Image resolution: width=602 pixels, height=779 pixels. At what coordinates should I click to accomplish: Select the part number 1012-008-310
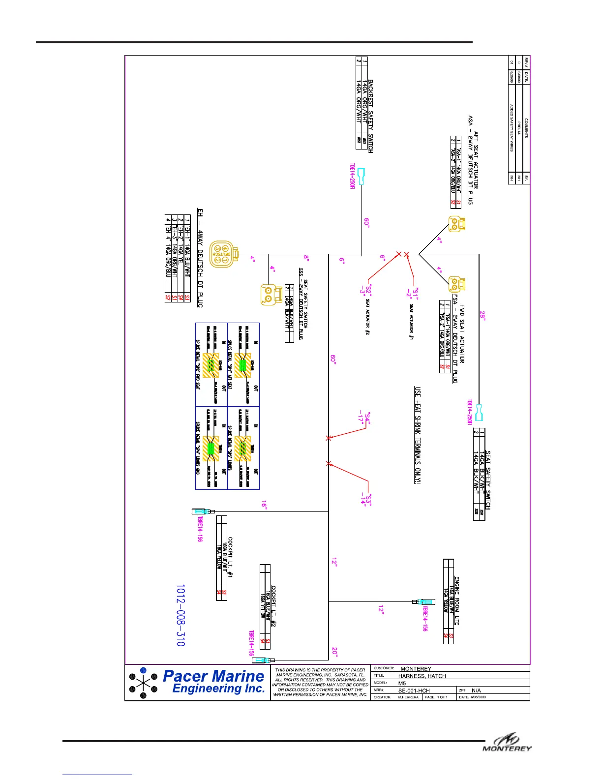[181, 615]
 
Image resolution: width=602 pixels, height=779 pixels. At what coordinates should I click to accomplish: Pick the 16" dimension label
[264, 505]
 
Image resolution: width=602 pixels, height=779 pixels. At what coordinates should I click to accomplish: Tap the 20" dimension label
[335, 652]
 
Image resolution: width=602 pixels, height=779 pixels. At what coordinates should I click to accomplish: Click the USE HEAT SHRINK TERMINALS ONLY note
[418, 435]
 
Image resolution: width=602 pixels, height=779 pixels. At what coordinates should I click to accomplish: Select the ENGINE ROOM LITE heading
[457, 600]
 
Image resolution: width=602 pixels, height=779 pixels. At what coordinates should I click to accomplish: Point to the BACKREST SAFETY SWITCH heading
[370, 116]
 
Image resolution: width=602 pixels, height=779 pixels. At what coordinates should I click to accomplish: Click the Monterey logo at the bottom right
[507, 744]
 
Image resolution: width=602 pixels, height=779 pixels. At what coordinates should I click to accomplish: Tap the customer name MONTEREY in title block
[416, 669]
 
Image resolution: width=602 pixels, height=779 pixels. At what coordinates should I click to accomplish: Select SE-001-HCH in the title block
[414, 690]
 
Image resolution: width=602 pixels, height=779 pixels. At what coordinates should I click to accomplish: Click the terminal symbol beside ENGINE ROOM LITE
[424, 601]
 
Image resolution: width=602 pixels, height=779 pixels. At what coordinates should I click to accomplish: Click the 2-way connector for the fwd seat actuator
[456, 284]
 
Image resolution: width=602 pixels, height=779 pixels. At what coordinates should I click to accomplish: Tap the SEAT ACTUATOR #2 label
[367, 317]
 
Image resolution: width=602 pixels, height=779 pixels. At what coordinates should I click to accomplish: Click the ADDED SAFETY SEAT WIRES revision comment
[512, 127]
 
